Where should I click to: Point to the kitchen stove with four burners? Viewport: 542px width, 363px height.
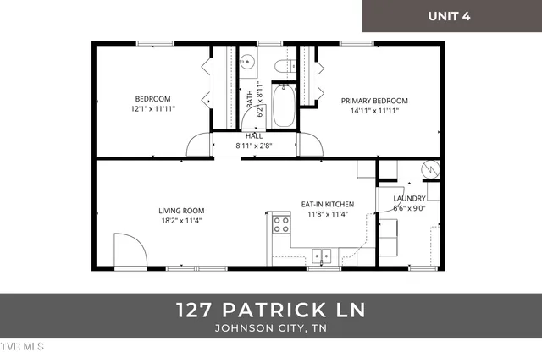point(280,224)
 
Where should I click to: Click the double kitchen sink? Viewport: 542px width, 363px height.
point(323,255)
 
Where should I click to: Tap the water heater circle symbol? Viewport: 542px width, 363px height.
point(429,169)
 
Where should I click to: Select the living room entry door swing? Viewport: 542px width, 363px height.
point(130,250)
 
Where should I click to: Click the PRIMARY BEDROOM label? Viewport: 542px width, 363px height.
point(374,100)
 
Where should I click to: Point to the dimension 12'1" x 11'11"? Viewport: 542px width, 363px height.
point(152,109)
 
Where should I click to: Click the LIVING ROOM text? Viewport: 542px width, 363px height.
point(181,211)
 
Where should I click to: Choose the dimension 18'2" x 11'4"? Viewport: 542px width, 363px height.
point(181,221)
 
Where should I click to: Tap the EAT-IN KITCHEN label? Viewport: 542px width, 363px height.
point(328,204)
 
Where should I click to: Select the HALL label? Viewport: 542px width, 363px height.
point(253,135)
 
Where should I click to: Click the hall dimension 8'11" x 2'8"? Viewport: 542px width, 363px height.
point(253,145)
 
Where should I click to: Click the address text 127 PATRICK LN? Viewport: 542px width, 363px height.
point(271,310)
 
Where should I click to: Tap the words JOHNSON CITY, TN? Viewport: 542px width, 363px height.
point(271,329)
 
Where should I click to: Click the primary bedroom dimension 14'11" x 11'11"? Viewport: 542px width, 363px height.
point(374,109)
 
